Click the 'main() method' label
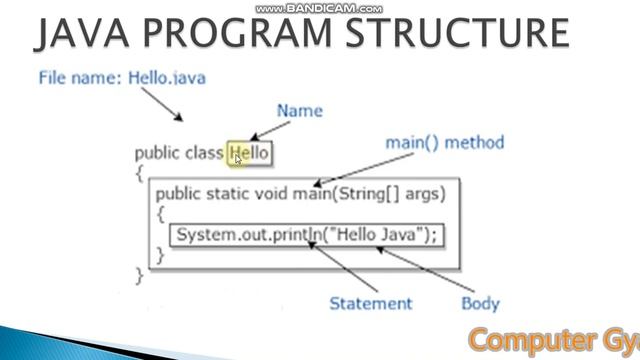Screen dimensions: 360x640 point(445,143)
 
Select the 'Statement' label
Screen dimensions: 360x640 point(370,303)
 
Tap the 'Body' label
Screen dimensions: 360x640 point(480,303)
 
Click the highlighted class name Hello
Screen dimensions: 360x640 point(249,153)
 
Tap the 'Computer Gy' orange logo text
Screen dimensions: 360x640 point(552,338)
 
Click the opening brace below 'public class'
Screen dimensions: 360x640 point(139,173)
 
